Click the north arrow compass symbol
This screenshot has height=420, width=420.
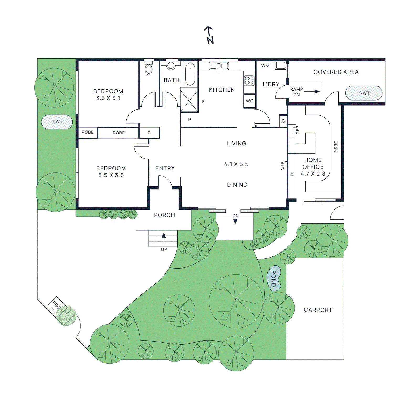point(209,35)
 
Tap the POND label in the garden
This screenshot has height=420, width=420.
point(274,279)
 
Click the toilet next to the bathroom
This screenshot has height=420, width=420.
point(149,69)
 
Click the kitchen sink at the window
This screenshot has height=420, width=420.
point(219,66)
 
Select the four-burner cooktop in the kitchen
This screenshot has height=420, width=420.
point(249,81)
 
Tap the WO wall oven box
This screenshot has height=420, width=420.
point(250,101)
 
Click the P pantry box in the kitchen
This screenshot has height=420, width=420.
point(190,120)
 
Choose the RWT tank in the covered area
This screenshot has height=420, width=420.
point(364,93)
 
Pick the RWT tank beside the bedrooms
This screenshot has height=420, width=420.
point(57,122)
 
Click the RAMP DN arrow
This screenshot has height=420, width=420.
point(312,92)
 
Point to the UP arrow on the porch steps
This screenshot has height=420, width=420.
point(164,236)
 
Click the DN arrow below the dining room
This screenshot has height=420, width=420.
point(235,221)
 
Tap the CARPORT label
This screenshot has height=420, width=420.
point(318,310)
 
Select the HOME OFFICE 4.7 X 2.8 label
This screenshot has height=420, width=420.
point(313,167)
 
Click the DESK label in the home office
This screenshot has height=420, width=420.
point(335,146)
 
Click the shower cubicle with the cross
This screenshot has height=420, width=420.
point(189,101)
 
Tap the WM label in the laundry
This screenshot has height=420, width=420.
point(265,66)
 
